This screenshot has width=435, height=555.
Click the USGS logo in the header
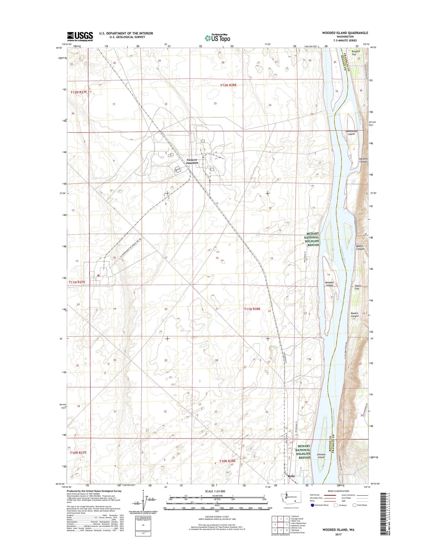[x=80, y=36]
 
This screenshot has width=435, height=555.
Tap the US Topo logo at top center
[x=217, y=38]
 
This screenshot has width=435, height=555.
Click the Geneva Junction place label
[x=192, y=161]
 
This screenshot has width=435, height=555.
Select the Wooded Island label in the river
[x=329, y=284]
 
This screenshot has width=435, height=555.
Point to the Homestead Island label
[x=351, y=133]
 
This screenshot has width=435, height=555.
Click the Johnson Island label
[x=321, y=456]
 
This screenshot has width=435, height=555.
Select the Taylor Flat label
[x=357, y=287]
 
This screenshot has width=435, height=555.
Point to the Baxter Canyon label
[x=360, y=248]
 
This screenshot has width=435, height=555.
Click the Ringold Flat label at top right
[x=356, y=53]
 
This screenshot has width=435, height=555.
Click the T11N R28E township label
[x=252, y=309]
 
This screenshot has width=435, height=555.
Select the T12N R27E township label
[x=79, y=92]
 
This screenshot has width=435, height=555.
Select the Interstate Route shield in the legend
[x=312, y=505]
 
